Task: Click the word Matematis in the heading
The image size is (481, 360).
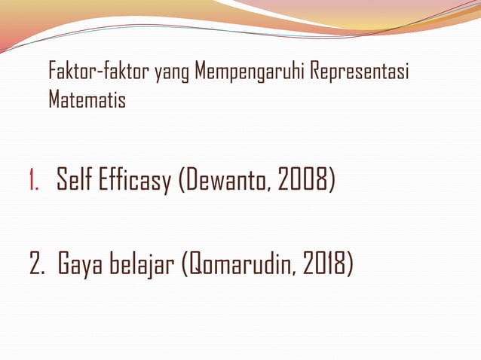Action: pos(87,99)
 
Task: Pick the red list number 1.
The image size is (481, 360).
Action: pos(34,182)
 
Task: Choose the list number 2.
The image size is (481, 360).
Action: pos(36,266)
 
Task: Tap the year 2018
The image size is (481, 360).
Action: pos(323,266)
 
